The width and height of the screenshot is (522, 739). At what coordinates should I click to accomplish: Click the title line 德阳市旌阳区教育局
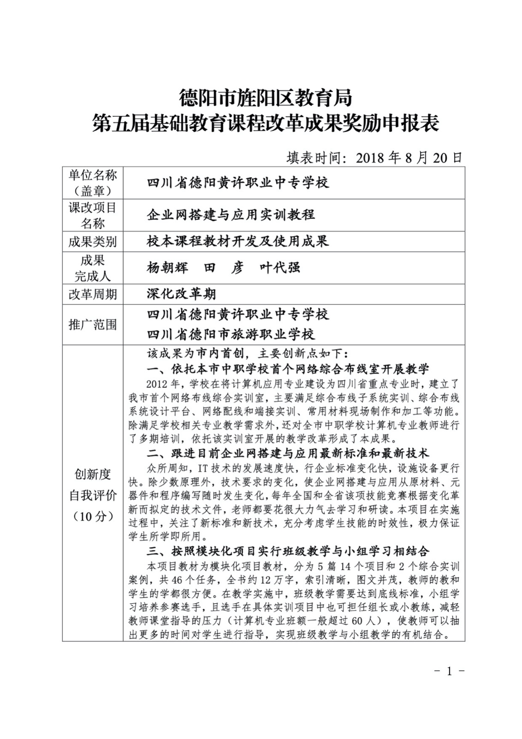click(x=265, y=98)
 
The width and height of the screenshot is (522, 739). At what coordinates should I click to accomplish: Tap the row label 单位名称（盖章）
click(x=93, y=183)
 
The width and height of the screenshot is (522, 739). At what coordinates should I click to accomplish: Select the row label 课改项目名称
click(x=93, y=215)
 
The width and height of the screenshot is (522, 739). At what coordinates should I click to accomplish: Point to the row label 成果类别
click(x=93, y=242)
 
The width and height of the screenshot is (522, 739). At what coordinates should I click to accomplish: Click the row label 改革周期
click(x=93, y=294)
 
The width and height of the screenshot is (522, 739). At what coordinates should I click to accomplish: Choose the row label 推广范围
click(x=93, y=324)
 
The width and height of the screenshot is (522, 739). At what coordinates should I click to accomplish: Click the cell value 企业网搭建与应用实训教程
click(x=231, y=214)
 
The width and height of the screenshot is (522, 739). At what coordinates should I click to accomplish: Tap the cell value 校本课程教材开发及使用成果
click(x=238, y=241)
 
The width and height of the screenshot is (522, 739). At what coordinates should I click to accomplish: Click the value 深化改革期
click(x=181, y=294)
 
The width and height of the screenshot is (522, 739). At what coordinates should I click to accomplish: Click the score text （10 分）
click(x=93, y=516)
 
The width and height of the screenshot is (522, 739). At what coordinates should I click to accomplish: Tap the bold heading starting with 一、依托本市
click(x=288, y=369)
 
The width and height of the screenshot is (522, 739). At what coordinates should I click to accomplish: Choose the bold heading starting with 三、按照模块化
click(x=288, y=551)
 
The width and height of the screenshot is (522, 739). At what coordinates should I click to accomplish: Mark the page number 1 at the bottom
click(x=449, y=671)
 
